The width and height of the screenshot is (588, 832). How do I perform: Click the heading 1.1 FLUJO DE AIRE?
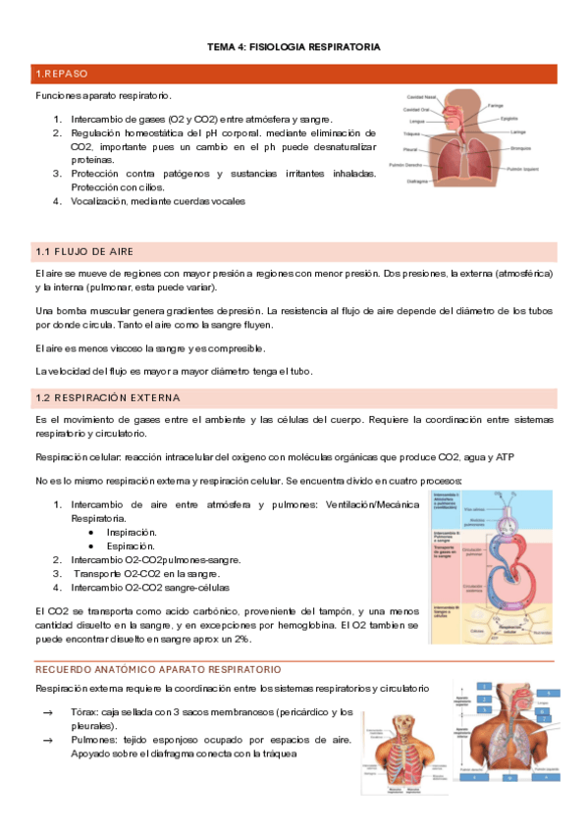click(78, 252)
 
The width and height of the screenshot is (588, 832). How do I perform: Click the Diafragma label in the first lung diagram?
click(417, 181)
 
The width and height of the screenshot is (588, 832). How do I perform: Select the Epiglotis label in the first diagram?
click(508, 119)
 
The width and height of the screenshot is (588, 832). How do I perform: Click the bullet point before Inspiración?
click(90, 532)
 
